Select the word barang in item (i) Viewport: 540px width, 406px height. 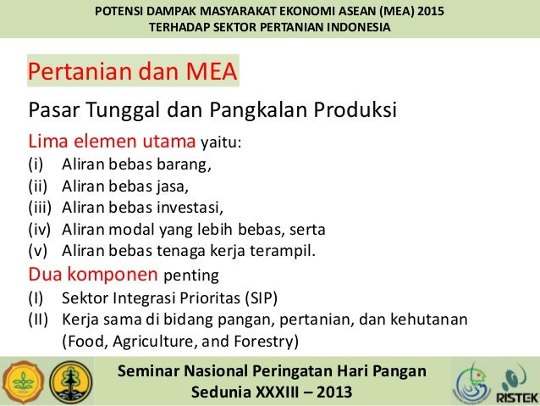click(x=178, y=164)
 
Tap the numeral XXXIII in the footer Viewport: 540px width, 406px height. click(x=279, y=392)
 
